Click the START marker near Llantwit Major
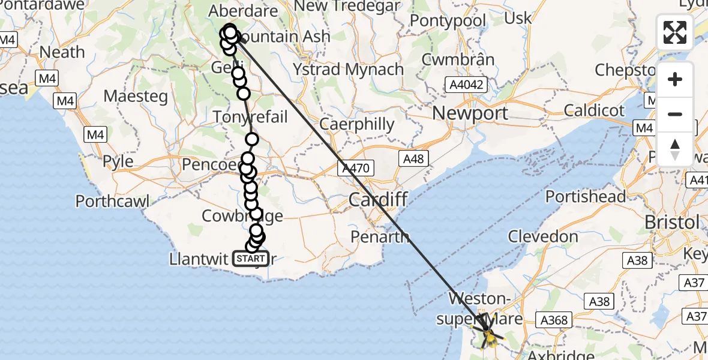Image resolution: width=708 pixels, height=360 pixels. click(x=251, y=259)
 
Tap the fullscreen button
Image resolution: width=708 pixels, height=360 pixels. click(x=675, y=32)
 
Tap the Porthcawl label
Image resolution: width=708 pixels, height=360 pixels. click(x=112, y=200)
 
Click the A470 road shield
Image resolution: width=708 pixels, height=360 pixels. click(x=357, y=168)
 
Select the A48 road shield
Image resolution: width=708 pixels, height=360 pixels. click(x=413, y=158)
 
